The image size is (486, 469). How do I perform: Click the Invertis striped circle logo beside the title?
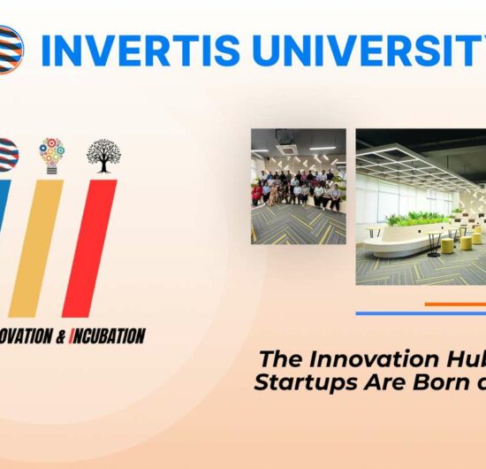coord(11,50)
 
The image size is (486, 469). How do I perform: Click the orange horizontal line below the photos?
coord(455,304)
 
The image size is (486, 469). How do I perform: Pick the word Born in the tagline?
coord(432,382)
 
